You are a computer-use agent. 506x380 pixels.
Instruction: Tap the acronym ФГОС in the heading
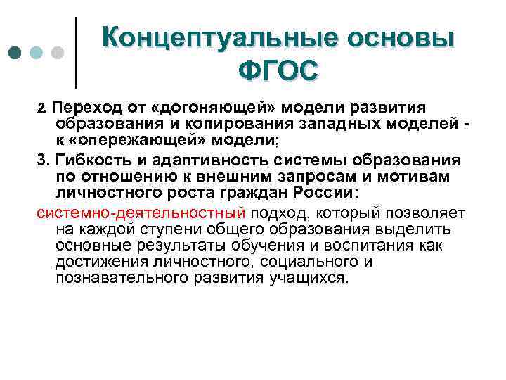tap(278, 70)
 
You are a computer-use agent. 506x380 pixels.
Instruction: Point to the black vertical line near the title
tap(75, 53)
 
